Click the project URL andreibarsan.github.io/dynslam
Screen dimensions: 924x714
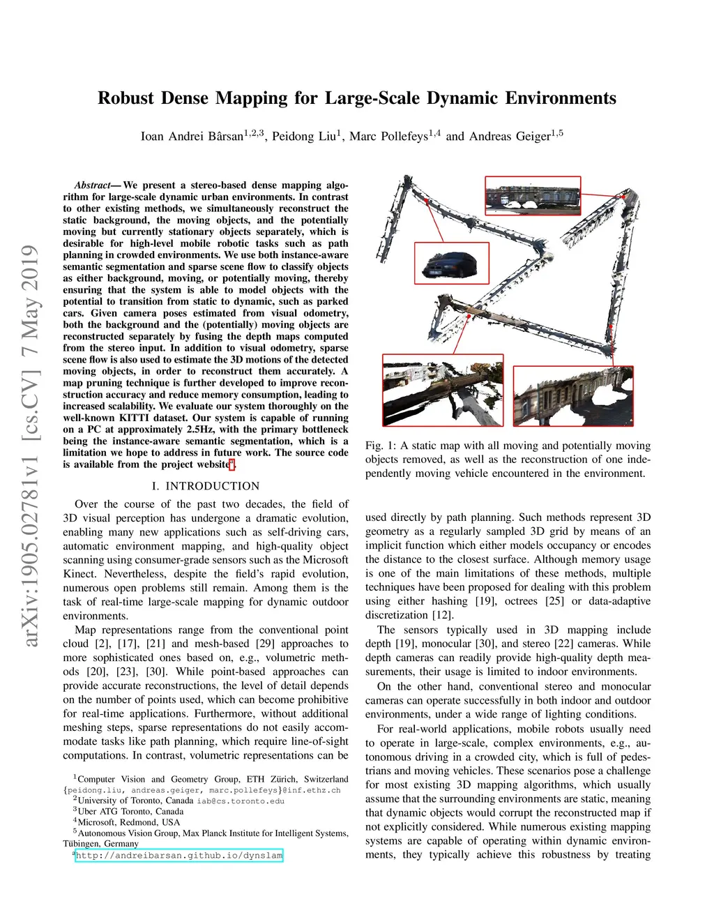point(179,856)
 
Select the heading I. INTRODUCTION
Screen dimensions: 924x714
point(205,486)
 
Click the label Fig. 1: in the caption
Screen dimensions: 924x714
point(381,446)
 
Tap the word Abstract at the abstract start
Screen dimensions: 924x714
point(93,185)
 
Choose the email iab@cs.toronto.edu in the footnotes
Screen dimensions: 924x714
point(241,801)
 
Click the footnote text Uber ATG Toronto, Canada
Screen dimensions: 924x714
point(130,812)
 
